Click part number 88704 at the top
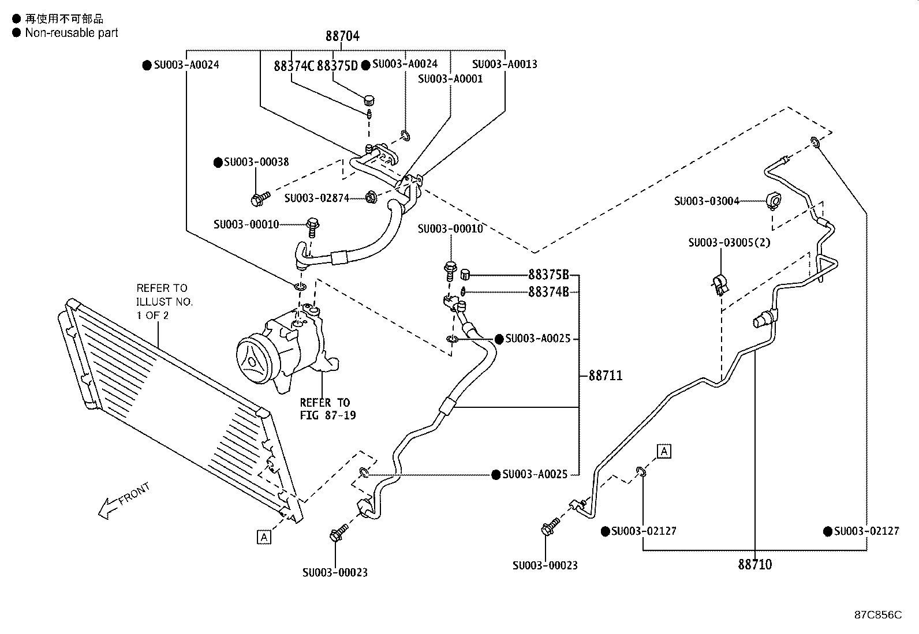(x=342, y=36)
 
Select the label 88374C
(x=293, y=66)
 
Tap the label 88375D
(x=337, y=66)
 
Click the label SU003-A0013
(x=505, y=64)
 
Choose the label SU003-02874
(x=316, y=198)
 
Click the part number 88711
(x=606, y=376)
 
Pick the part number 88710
(x=754, y=564)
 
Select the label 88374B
(x=548, y=292)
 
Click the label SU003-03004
(x=707, y=201)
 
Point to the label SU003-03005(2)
(x=729, y=242)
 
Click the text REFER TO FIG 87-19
(x=327, y=408)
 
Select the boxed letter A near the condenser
(x=264, y=538)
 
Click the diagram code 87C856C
(x=877, y=615)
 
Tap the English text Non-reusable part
(x=71, y=33)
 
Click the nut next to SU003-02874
(x=371, y=198)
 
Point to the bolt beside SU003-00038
(x=258, y=199)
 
